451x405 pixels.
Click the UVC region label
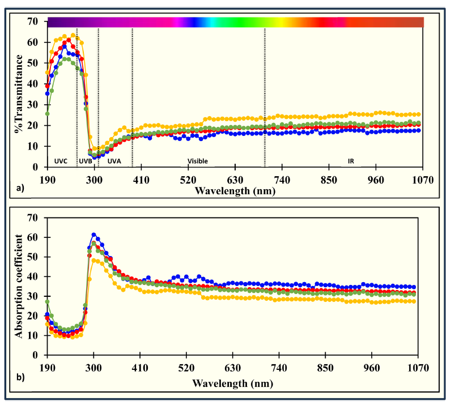61,161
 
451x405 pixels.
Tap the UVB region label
86,161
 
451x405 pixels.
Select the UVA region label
114,161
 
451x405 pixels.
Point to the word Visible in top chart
198,161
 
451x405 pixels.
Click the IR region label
351,161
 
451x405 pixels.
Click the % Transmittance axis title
21,93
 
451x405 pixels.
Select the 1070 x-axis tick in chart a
423,180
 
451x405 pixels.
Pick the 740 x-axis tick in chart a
282,180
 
